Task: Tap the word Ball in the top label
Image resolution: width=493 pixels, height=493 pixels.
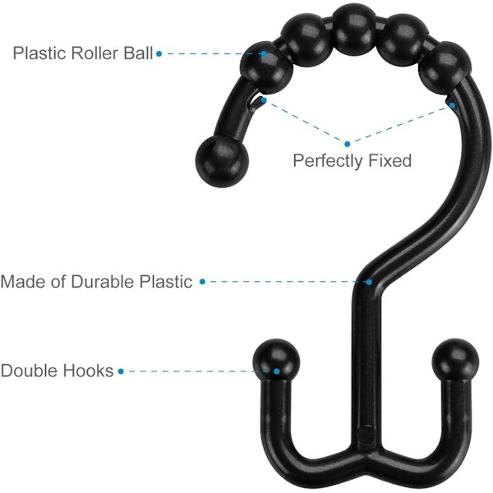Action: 138,53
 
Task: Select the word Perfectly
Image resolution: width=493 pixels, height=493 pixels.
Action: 328,161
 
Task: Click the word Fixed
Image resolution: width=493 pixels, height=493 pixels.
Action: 389,160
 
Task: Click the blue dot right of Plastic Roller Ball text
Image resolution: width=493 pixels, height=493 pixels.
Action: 159,53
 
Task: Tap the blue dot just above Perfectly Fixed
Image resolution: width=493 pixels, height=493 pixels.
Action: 347,144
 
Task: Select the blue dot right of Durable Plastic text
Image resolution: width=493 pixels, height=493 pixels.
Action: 202,282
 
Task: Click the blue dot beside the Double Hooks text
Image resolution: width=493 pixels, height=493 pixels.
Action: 121,371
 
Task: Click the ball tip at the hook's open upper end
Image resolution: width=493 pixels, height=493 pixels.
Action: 222,162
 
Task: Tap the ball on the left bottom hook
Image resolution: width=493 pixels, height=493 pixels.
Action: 276,360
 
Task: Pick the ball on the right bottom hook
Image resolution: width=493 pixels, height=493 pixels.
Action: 455,360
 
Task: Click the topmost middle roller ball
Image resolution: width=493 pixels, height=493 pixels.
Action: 354,30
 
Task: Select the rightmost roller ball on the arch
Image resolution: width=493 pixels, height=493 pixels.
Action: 445,67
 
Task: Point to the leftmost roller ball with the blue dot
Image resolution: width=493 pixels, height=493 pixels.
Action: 266,67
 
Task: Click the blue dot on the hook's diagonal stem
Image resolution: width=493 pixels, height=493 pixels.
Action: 369,283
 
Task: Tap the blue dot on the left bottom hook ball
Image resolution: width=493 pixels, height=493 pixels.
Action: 277,371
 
